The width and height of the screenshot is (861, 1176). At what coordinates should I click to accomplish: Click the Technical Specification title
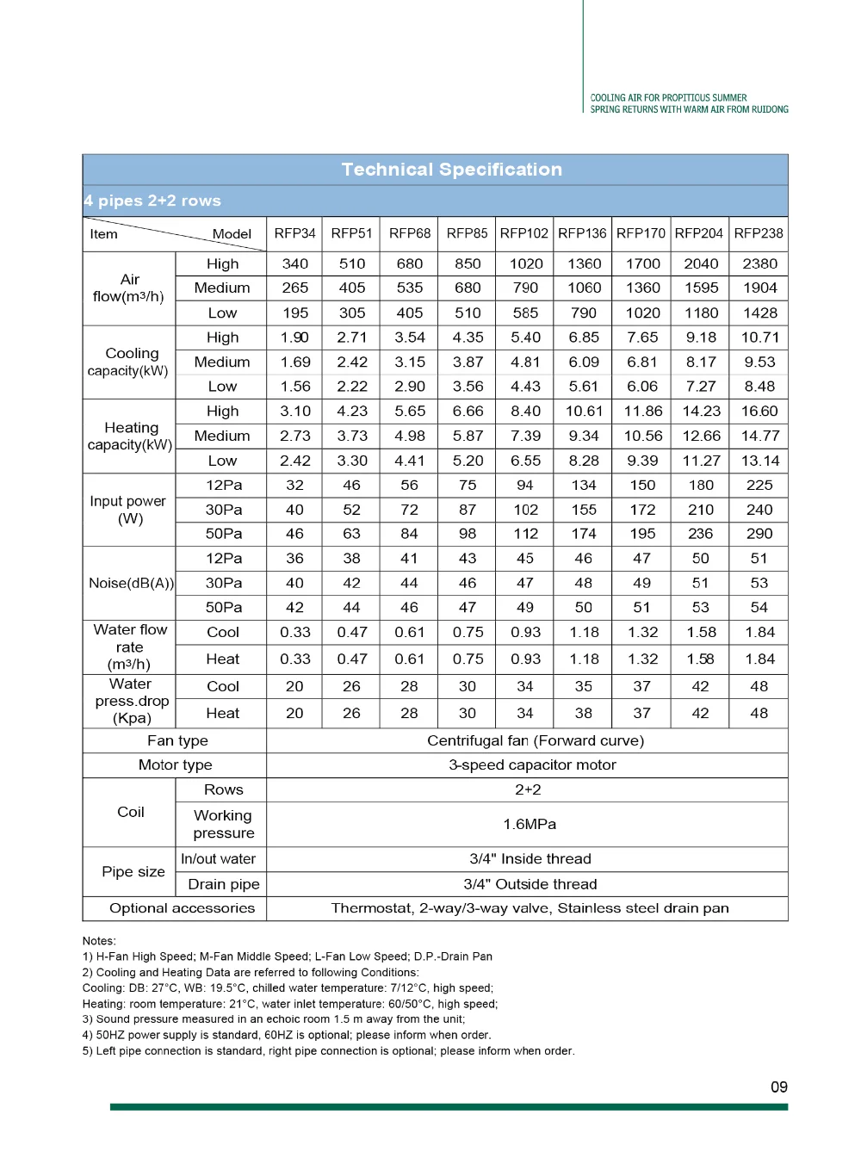(x=451, y=170)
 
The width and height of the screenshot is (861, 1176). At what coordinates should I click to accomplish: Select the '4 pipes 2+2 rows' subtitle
(x=152, y=201)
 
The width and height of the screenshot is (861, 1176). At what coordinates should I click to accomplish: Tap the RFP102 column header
(x=523, y=233)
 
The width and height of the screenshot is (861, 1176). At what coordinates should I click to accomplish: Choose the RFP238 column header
(x=759, y=233)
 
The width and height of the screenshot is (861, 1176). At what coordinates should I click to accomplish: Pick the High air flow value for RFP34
(x=294, y=263)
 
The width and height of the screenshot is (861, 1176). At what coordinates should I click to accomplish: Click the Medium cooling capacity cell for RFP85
(x=468, y=362)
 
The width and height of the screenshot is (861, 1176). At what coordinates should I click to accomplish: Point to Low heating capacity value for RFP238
(x=759, y=461)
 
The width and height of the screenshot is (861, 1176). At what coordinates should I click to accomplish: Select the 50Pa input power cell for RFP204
(x=701, y=534)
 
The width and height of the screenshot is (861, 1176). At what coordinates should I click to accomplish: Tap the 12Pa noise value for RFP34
(x=294, y=558)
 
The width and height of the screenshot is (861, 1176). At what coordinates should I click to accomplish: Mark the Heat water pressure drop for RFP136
(x=584, y=713)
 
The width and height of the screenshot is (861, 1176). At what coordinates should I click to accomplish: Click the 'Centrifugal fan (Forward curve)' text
(x=536, y=740)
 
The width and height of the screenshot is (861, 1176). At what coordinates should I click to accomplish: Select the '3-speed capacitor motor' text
(x=532, y=764)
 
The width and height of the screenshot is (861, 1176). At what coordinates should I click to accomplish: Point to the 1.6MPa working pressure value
(x=530, y=824)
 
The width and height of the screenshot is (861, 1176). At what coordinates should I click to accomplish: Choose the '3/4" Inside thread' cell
(x=530, y=858)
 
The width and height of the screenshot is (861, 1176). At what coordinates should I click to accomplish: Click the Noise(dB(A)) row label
(x=131, y=583)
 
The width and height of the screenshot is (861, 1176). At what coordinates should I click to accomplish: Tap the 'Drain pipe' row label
(x=224, y=884)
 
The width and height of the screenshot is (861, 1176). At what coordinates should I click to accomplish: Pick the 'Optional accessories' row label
(x=182, y=908)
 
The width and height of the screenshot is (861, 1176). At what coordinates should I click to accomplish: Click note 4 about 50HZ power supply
(x=287, y=1035)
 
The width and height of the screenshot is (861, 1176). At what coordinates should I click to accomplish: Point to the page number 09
(x=779, y=1087)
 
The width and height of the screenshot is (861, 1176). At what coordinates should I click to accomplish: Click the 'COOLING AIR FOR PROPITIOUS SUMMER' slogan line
(x=669, y=98)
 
